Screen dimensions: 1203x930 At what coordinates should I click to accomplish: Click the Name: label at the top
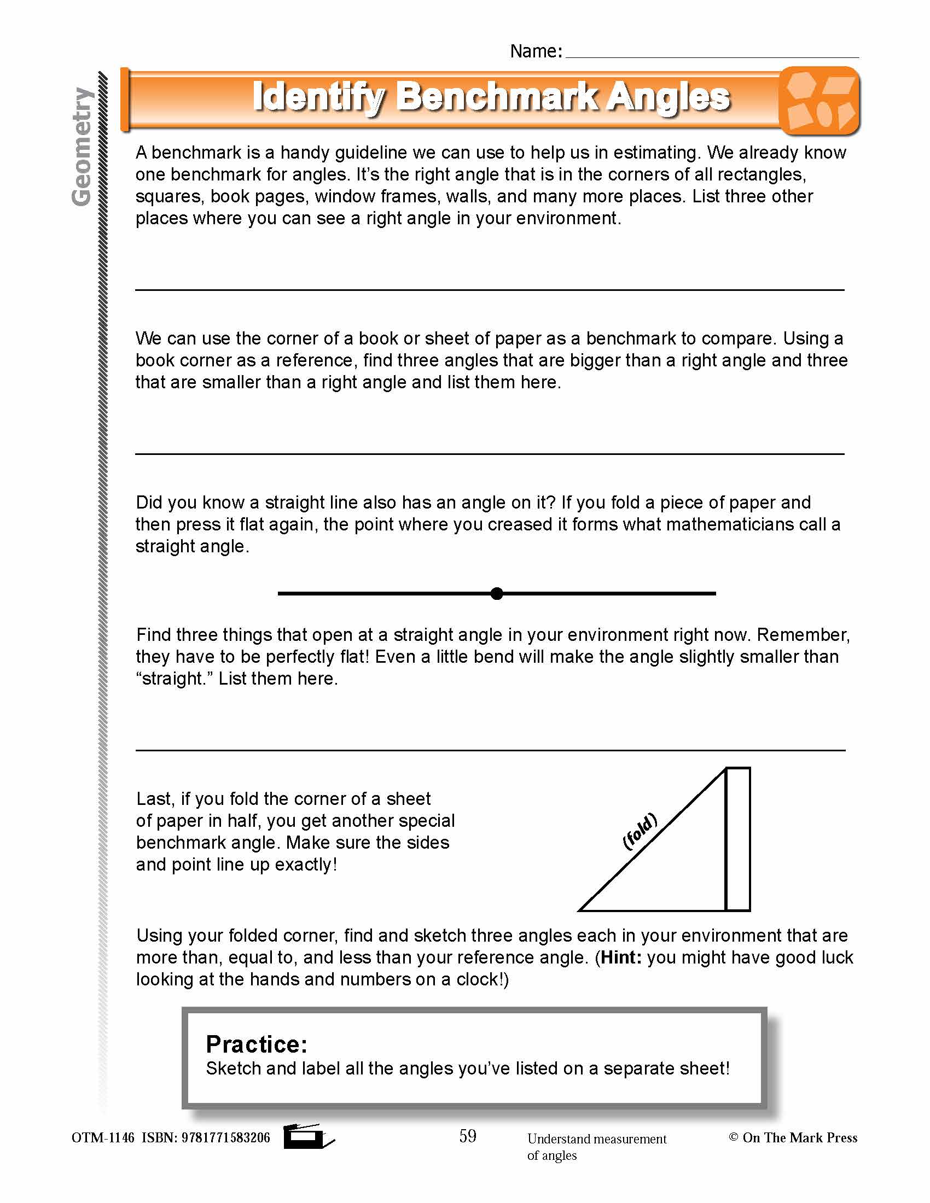(536, 51)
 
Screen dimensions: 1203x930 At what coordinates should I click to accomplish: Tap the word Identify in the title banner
(318, 98)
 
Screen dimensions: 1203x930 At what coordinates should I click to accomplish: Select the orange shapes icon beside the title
(819, 101)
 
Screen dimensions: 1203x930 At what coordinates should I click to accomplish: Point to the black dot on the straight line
(496, 593)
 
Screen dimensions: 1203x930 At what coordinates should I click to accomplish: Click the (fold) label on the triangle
(640, 831)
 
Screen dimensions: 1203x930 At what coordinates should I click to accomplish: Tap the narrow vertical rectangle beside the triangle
(738, 839)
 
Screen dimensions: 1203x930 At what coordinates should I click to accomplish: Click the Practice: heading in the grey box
(256, 1044)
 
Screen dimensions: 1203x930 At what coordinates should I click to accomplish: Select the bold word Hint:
(621, 957)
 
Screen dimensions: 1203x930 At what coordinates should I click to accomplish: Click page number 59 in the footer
(468, 1136)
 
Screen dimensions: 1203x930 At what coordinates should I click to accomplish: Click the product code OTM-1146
(102, 1137)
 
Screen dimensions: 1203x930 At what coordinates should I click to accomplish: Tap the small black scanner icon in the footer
(307, 1136)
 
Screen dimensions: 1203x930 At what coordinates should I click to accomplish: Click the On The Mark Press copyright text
(793, 1137)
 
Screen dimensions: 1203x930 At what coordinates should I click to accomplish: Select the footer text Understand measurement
(597, 1138)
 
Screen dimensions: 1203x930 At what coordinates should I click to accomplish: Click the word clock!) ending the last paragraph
(482, 979)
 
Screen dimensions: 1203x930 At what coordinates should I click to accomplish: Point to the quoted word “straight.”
(174, 679)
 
